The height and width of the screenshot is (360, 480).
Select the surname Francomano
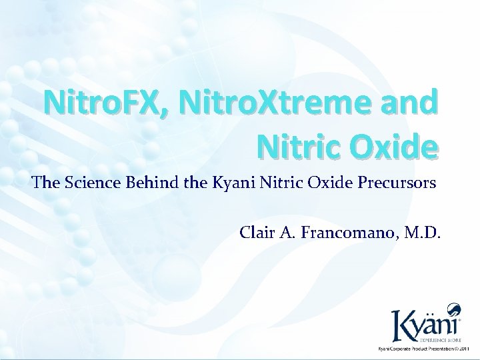coord(346,235)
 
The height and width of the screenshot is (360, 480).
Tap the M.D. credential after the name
coord(425,235)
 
